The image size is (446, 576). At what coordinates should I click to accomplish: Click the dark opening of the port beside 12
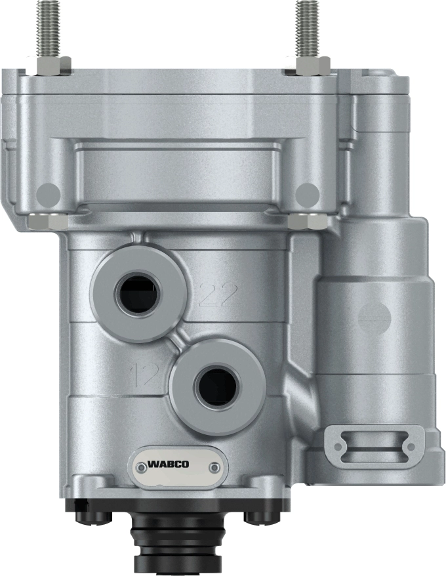pos(217,386)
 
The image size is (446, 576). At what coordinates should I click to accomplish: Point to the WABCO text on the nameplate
pos(168,464)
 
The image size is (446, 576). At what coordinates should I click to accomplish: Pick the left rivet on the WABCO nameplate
pos(140,468)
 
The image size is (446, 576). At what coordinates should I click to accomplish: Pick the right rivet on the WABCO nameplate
pos(214,466)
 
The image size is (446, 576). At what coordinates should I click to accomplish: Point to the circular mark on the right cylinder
pos(375,318)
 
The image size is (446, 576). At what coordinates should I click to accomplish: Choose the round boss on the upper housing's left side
pos(49,193)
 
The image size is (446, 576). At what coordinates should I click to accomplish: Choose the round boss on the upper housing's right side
pos(308,193)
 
